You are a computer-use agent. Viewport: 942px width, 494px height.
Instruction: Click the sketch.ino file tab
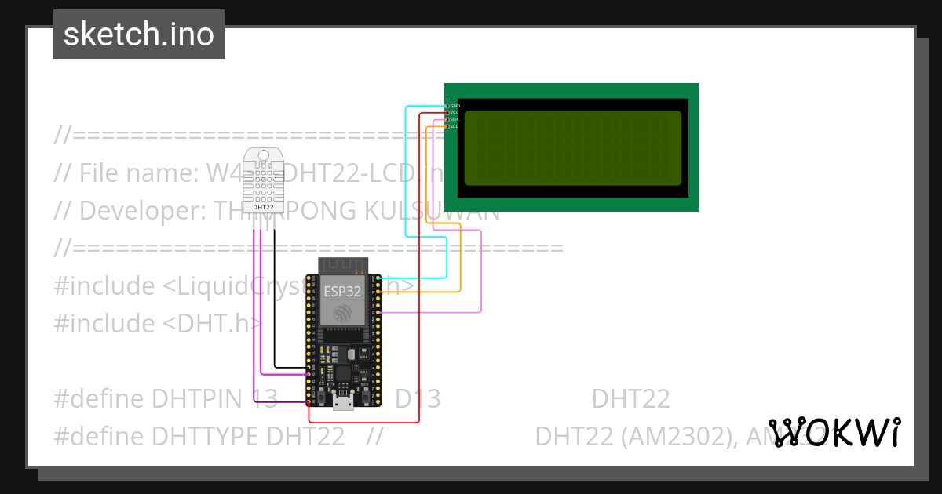pyautogui.click(x=139, y=35)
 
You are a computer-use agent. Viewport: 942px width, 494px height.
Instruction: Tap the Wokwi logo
pyautogui.click(x=834, y=432)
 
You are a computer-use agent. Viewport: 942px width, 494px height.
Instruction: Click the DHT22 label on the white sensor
pyautogui.click(x=264, y=207)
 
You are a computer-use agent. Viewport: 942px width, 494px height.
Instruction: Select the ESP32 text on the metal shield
pyautogui.click(x=343, y=292)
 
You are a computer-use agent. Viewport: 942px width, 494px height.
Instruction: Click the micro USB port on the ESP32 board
pyautogui.click(x=343, y=403)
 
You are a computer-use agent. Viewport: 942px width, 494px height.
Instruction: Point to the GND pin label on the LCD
pyautogui.click(x=455, y=105)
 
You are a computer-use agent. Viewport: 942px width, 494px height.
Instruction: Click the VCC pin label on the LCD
pyautogui.click(x=455, y=112)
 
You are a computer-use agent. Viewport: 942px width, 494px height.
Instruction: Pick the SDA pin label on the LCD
pyautogui.click(x=455, y=119)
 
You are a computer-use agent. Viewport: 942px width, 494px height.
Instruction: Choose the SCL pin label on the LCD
pyautogui.click(x=455, y=126)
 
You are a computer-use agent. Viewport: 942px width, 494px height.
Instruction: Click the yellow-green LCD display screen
pyautogui.click(x=572, y=148)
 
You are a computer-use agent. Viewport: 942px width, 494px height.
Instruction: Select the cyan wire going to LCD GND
pyautogui.click(x=405, y=173)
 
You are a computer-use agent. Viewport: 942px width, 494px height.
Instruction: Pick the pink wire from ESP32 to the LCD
pyautogui.click(x=480, y=274)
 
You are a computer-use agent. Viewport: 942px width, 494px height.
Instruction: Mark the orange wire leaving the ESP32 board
pyautogui.click(x=460, y=259)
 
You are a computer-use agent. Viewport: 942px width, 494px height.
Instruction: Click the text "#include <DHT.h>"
pyautogui.click(x=157, y=324)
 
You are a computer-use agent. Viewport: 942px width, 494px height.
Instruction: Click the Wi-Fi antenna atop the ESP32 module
pyautogui.click(x=343, y=265)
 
